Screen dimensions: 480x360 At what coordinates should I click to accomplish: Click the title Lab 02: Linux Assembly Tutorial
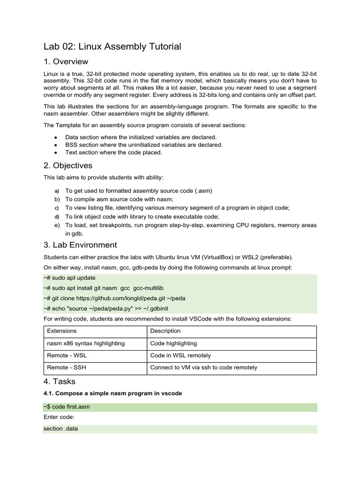(112, 46)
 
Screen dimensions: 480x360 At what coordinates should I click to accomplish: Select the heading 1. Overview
(66, 62)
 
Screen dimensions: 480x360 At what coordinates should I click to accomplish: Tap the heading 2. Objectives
(68, 165)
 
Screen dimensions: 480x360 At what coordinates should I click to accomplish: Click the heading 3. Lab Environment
(80, 245)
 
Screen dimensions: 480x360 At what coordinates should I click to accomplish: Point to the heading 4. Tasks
(60, 381)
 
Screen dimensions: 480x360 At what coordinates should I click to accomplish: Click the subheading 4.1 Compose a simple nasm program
(112, 393)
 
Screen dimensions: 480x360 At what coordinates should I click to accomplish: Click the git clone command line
(114, 298)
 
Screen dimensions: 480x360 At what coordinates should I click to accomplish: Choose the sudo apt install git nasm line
(103, 288)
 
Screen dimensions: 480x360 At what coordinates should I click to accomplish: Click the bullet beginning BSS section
(144, 145)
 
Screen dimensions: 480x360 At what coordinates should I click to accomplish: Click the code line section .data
(61, 429)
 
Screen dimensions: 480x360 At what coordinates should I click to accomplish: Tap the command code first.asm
(67, 407)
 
